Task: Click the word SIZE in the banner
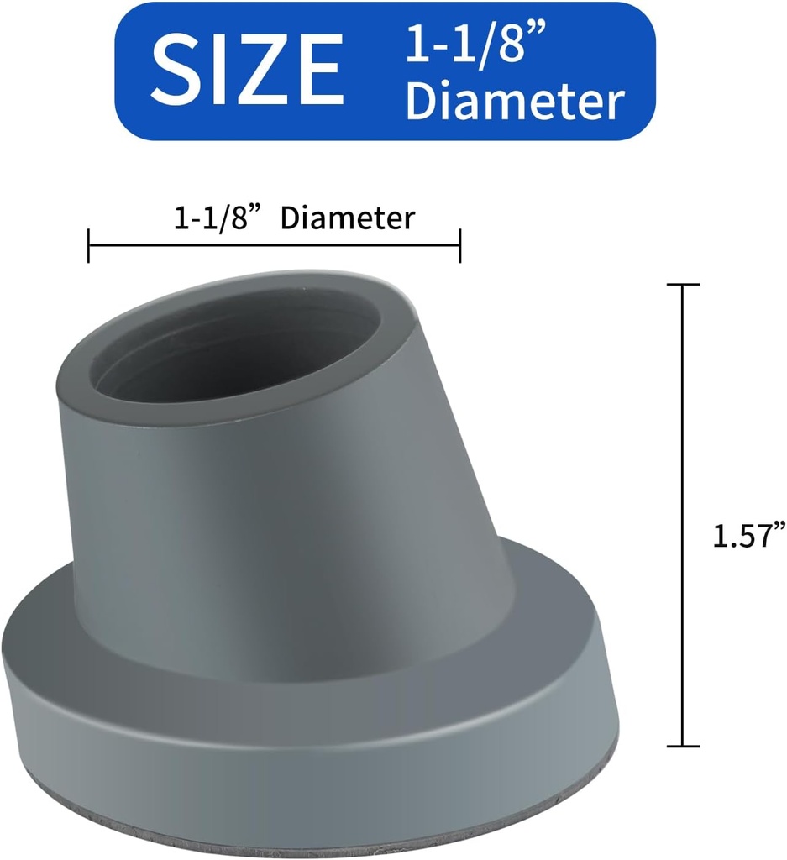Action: click(248, 70)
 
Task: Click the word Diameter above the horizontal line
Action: click(348, 218)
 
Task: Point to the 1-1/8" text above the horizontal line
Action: click(215, 218)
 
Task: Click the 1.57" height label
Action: click(748, 535)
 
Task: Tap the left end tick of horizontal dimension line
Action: click(89, 245)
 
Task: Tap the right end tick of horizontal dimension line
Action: click(459, 245)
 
